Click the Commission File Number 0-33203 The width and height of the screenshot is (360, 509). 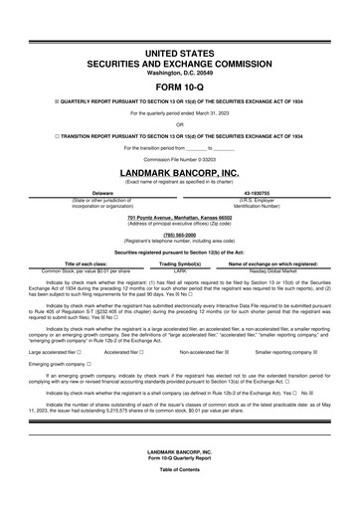pos(179,158)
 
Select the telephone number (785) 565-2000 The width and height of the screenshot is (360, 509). pos(179,236)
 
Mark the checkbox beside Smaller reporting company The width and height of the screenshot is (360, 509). pos(316,351)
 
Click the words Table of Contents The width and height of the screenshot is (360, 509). pos(179,496)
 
